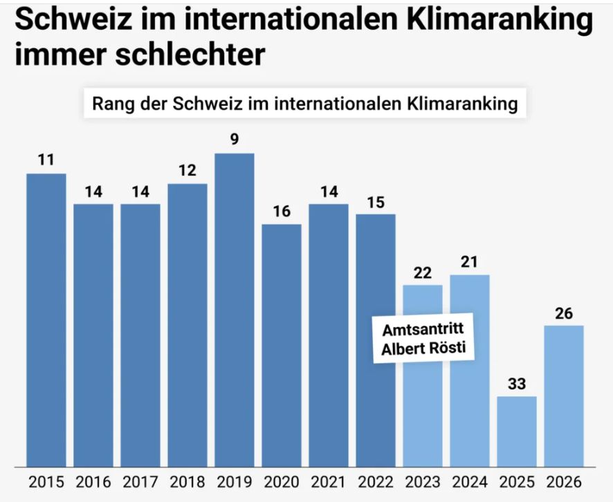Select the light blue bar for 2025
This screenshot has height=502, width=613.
click(517, 431)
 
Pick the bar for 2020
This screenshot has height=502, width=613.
click(282, 345)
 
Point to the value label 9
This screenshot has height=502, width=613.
click(235, 140)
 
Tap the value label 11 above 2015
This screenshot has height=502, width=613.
click(46, 160)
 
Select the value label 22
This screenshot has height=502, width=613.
click(423, 272)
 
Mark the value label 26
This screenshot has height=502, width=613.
click(564, 313)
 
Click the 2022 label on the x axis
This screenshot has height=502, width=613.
click(376, 482)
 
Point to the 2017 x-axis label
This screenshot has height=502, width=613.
click(140, 482)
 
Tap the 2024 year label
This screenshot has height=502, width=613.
click(470, 482)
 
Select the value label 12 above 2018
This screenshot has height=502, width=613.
click(187, 170)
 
